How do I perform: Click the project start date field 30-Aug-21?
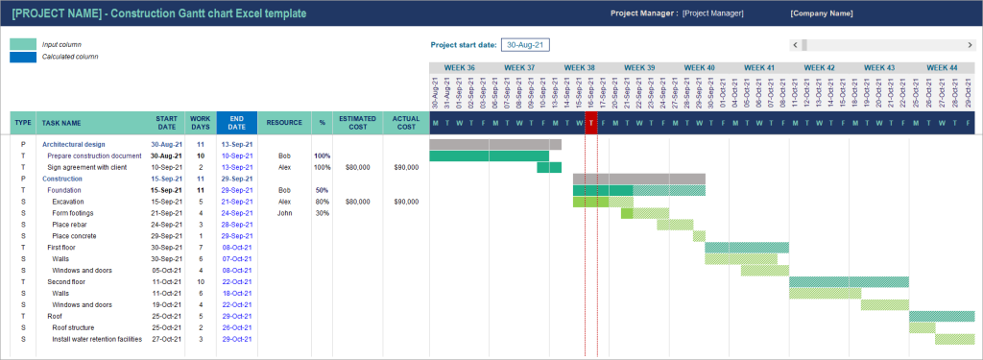525,44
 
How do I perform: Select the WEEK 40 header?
699,68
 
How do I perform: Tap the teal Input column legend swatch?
23,44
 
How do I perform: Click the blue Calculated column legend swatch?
23,57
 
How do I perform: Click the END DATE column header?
236,123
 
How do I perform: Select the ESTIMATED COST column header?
357,123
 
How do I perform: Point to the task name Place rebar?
74,224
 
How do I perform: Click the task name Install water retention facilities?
97,339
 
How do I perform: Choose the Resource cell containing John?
283,212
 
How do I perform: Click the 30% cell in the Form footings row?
322,212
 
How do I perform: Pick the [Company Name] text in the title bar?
821,13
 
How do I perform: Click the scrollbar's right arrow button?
970,44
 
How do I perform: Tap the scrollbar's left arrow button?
795,44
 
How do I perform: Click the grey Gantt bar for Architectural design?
494,144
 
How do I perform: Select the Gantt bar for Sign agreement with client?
549,167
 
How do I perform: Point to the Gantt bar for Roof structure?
922,327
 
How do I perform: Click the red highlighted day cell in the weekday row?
591,122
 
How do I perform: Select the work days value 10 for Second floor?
201,281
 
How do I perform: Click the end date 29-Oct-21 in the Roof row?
236,316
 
